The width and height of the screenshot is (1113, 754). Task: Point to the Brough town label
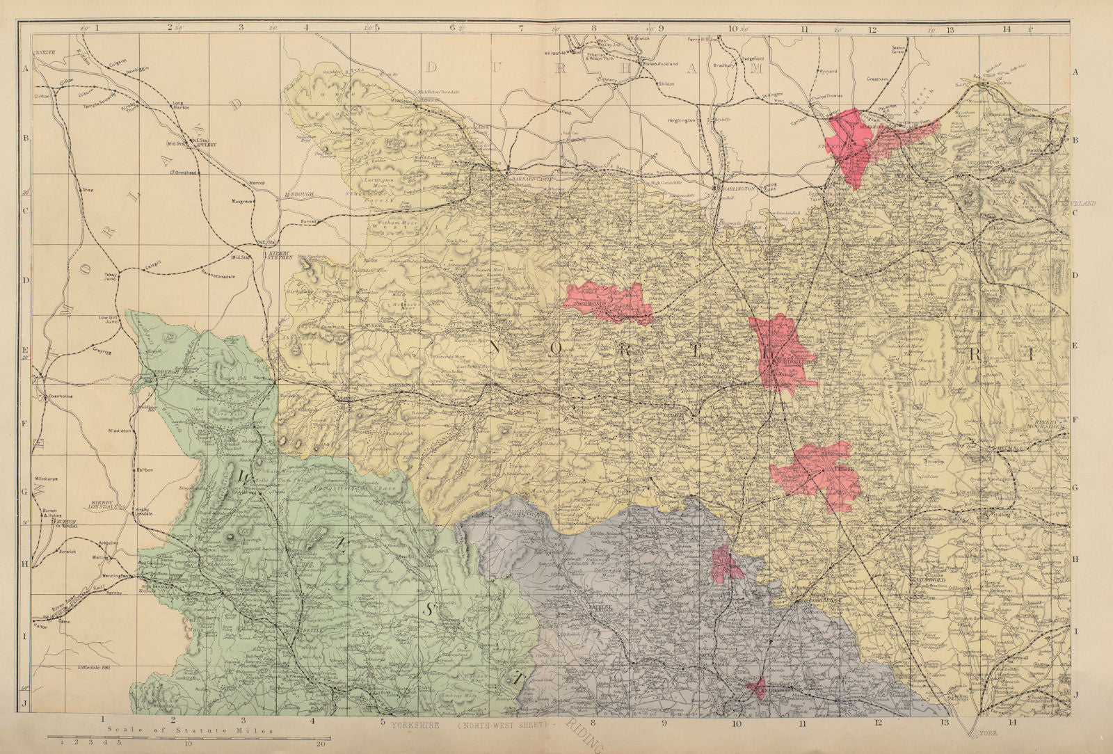coord(301,195)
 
